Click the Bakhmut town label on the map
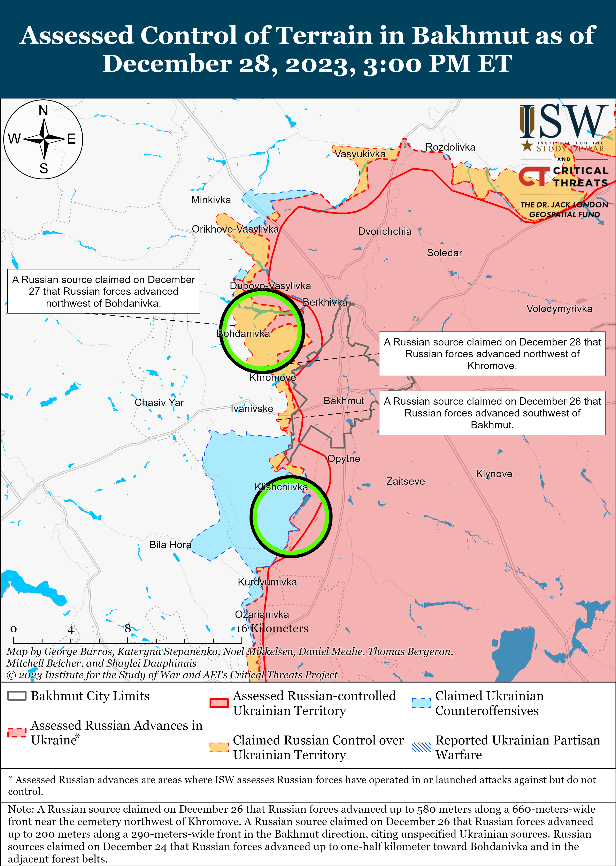pos(344,401)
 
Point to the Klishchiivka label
pos(281,487)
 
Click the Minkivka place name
pos(211,200)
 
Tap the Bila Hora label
pos(170,545)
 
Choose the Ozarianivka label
pos(262,614)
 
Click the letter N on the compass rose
pos(43,111)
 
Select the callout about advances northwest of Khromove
pos(492,354)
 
